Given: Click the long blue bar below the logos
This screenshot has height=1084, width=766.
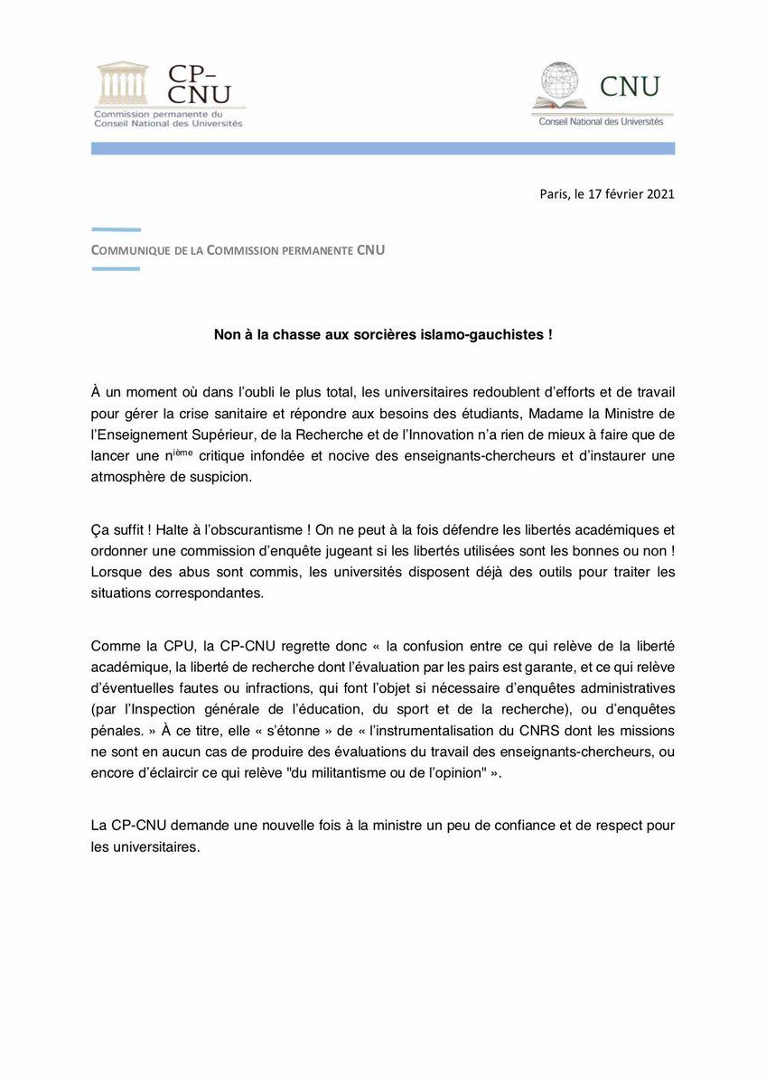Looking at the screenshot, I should [382, 148].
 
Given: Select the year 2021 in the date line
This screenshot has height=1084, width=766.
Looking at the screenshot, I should [659, 193].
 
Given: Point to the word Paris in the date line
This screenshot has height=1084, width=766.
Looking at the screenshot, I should [554, 193].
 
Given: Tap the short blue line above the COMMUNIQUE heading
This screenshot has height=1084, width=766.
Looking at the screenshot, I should [116, 230].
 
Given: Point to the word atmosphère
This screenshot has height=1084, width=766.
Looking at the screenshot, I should [130, 477].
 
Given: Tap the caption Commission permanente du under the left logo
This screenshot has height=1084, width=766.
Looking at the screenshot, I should [158, 115].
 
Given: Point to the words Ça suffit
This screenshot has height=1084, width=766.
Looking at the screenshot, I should [117, 529].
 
